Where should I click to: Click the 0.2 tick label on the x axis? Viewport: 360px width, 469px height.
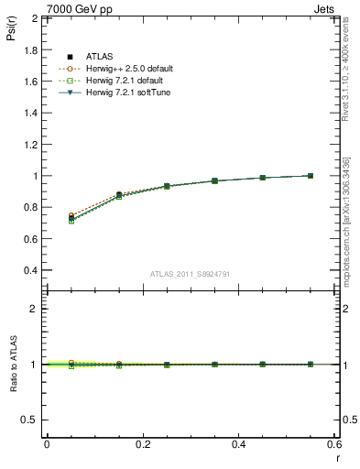point(142,443)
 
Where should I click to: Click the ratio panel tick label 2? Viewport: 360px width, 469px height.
point(35,309)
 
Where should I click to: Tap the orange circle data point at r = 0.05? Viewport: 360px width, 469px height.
point(71,216)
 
